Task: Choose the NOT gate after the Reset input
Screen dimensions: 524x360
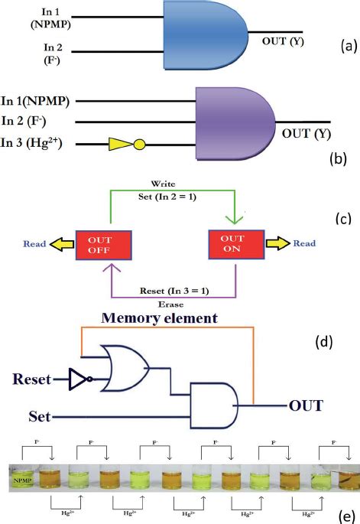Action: (x=79, y=379)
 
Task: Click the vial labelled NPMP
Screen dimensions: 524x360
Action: (x=22, y=481)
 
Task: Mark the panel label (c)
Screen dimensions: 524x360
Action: (x=342, y=219)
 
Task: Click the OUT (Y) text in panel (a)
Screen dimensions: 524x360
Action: (x=282, y=41)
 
